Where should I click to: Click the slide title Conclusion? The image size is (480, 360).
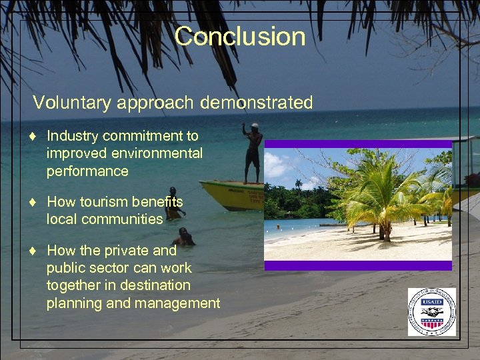(240, 36)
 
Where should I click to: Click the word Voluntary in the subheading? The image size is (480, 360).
(65, 103)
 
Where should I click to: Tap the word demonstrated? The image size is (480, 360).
(262, 103)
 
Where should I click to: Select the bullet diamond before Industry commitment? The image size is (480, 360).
(33, 137)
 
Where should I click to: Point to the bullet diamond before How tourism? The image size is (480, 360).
(33, 202)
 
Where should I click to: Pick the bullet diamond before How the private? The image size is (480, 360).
(33, 251)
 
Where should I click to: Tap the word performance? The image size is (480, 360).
(87, 171)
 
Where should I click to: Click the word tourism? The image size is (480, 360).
(102, 201)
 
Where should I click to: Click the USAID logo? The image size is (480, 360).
(432, 312)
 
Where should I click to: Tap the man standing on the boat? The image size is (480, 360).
(253, 153)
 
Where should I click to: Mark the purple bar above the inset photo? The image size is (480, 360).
(358, 143)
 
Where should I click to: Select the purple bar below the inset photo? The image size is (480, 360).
(358, 265)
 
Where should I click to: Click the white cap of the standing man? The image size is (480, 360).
(255, 125)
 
